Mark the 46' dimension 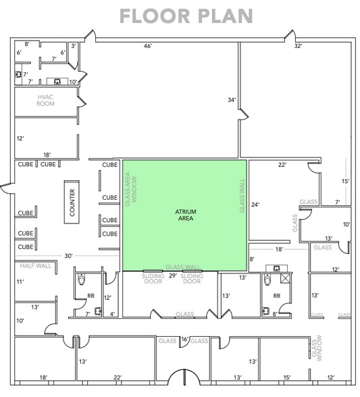point(147,46)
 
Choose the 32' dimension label point(298,46)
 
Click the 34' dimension point(232,101)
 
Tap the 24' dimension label point(255,204)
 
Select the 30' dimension point(69,255)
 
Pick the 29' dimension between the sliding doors point(172,277)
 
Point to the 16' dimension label point(184,340)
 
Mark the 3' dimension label point(74,46)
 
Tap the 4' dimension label point(113,313)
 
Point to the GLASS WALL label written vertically point(240,196)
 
